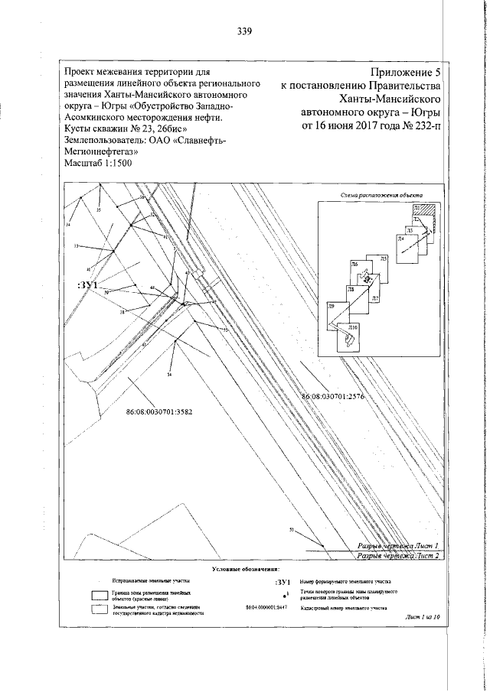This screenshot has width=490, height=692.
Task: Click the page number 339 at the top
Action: point(245,31)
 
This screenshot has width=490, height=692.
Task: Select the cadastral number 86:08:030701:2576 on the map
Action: point(337,397)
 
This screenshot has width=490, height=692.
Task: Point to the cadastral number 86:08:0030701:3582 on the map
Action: point(158,411)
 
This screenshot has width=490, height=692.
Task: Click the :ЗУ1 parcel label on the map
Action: point(88,285)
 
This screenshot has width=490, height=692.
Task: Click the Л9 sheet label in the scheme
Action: point(332,306)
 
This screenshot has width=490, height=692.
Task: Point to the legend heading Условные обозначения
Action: point(245,569)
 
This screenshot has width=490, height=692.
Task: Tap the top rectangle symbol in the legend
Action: point(99,594)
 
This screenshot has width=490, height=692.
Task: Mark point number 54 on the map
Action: point(168,375)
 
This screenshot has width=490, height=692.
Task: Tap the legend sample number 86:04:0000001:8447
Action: point(268,609)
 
